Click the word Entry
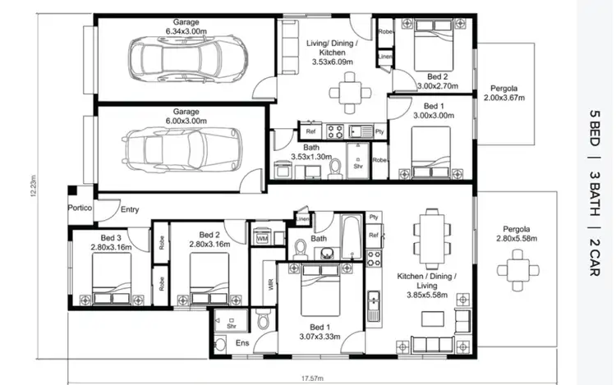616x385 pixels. click(130, 210)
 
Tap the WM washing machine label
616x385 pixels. click(263, 238)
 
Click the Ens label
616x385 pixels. click(242, 342)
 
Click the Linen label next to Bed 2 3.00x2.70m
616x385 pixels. click(384, 57)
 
